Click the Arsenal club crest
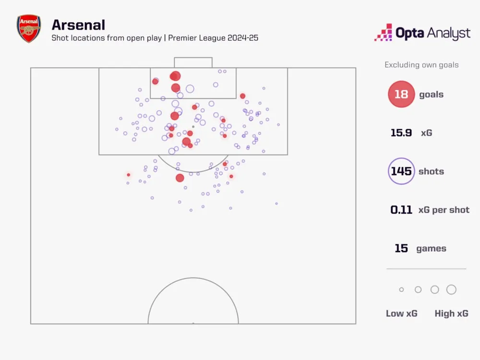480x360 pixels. pos(29,29)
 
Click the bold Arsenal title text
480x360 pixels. pos(78,24)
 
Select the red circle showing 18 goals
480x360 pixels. pos(401,95)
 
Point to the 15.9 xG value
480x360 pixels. pos(401,133)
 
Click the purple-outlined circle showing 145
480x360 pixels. pos(401,171)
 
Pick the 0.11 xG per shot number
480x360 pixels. pos(401,210)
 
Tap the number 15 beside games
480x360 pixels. pos(401,248)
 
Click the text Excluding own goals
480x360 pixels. pos(421,65)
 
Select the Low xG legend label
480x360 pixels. pos(402,313)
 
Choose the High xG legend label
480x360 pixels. pos(451,313)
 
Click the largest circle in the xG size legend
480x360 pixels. pos(451,289)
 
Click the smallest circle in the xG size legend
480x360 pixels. pos(402,290)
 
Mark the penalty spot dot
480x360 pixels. pos(193,127)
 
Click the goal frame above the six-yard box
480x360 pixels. pos(193,62)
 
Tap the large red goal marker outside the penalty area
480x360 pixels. pos(180,178)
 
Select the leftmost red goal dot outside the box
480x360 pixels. pos(128,175)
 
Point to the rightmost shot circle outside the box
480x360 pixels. pos(276,204)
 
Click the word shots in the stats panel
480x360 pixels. pos(431,171)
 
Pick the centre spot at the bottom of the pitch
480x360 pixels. pos(193,323)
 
